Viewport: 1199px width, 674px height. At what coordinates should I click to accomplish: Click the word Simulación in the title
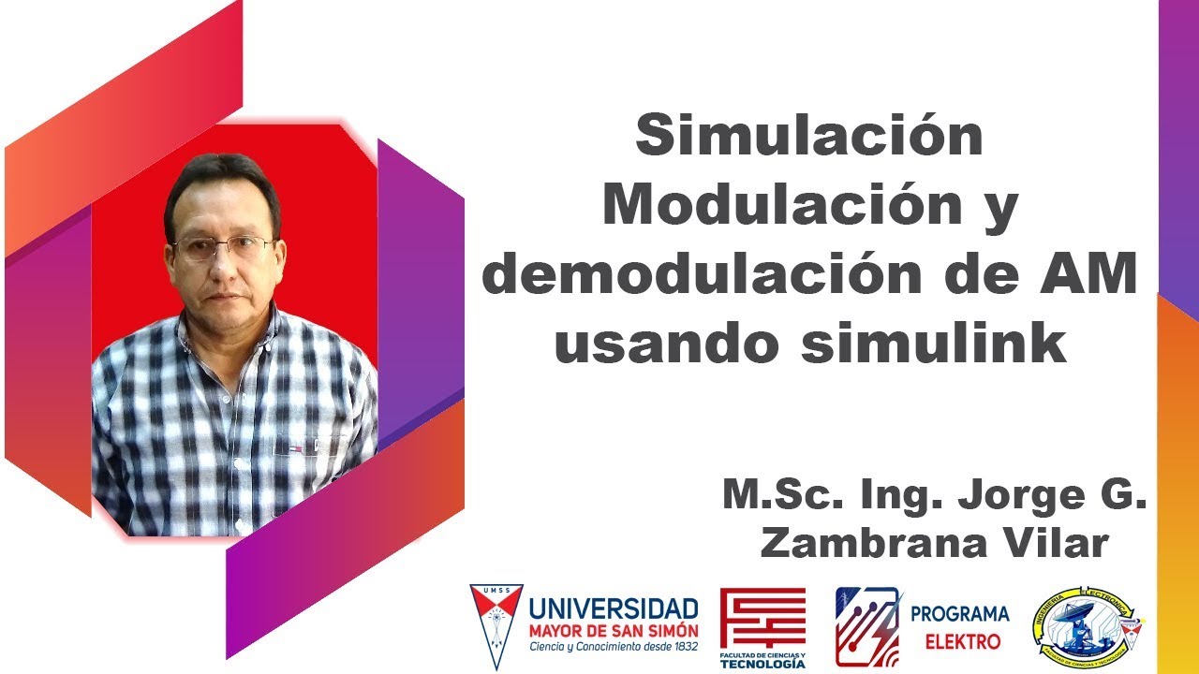[809, 137]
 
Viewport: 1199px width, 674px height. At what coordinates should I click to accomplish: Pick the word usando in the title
[666, 344]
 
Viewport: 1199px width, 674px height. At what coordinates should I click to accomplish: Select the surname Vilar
[1056, 543]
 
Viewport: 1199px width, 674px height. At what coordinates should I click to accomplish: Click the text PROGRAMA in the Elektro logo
[960, 614]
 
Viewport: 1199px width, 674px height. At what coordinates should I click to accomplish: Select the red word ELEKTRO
[962, 642]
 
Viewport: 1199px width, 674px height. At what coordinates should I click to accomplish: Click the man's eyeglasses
[225, 247]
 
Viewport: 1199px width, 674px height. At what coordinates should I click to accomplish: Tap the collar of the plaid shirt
[253, 332]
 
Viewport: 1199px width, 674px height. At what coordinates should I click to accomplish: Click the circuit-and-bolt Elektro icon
[867, 626]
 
